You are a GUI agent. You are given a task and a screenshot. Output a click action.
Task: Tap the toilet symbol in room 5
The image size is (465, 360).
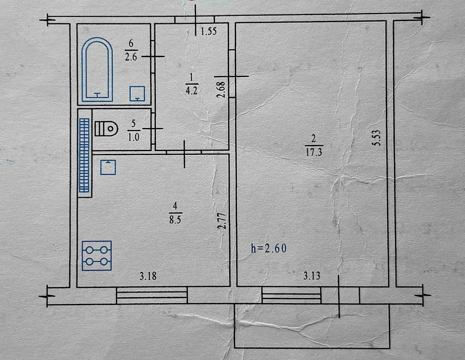(106, 128)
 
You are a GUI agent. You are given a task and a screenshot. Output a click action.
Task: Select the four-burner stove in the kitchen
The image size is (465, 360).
(97, 256)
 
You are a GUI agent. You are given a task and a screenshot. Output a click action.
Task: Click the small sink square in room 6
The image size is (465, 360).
(137, 93)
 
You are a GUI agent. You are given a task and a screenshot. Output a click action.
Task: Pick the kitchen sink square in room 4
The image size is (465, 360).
(108, 167)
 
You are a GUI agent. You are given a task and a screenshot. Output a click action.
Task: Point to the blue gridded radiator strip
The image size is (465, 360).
(84, 155)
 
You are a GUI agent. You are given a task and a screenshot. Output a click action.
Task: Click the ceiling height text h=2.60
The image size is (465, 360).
(269, 248)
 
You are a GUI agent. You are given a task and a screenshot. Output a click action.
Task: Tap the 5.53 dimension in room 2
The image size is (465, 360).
(377, 139)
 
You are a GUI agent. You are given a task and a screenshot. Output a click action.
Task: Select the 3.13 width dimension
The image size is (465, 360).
(312, 276)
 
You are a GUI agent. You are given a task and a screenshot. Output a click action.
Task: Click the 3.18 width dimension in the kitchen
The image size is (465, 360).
(148, 276)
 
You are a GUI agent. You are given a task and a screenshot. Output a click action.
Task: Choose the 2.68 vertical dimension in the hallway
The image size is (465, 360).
(221, 89)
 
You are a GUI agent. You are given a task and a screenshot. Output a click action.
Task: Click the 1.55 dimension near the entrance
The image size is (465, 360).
(209, 31)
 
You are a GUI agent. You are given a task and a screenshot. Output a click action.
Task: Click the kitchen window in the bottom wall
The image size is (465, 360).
(152, 295)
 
